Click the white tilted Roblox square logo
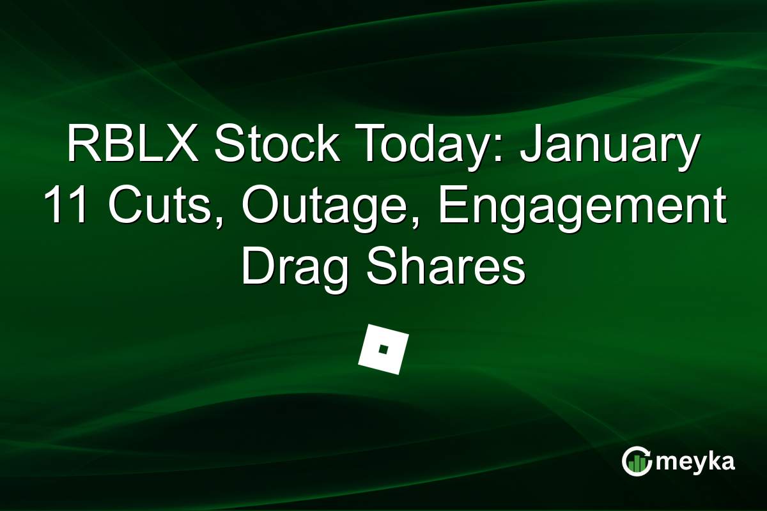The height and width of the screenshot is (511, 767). coord(383,349)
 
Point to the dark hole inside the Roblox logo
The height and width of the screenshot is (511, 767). coord(383,349)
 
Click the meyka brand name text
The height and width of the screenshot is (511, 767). coord(697,462)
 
